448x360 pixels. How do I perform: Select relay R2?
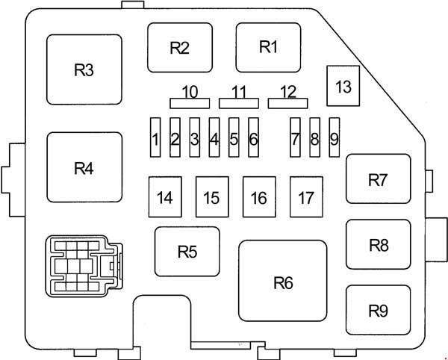tap(179, 48)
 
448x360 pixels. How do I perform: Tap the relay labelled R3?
tap(84, 70)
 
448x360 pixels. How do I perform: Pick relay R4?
tap(84, 167)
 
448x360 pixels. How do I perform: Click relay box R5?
tap(187, 251)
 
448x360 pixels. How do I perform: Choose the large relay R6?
tap(282, 281)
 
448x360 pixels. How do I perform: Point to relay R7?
tap(378, 179)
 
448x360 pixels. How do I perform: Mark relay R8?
tap(378, 243)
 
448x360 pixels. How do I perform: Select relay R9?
tap(378, 309)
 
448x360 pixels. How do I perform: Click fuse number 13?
tap(343, 86)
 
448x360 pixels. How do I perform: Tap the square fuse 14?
tap(165, 197)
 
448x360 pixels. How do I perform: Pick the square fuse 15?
tap(211, 197)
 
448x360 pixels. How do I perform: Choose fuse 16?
tap(258, 197)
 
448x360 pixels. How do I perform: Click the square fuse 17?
tap(305, 197)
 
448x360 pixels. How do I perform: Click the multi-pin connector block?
tap(81, 265)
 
